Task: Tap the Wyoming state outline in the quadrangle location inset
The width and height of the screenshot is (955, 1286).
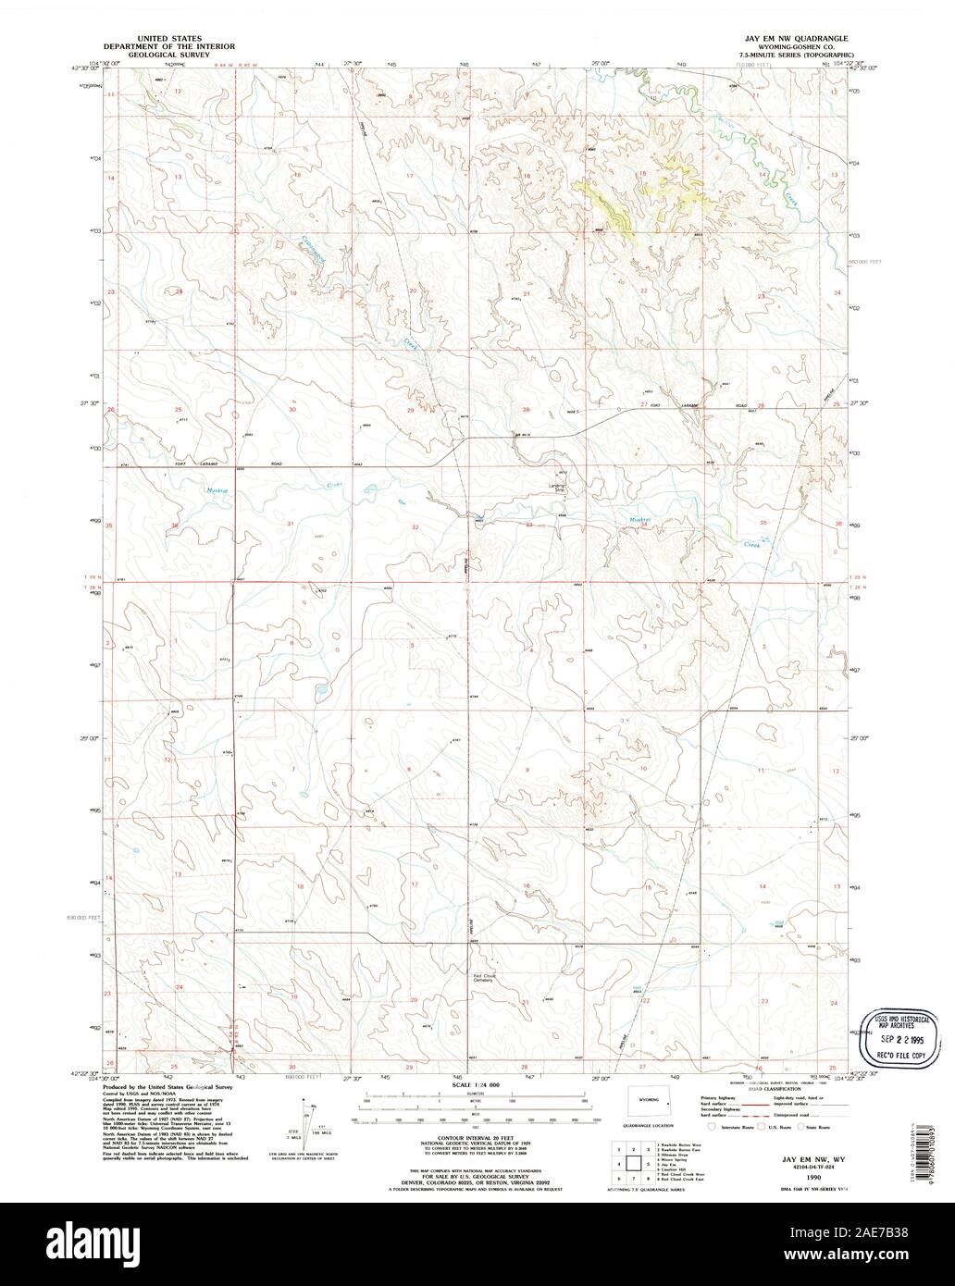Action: (x=647, y=1101)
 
